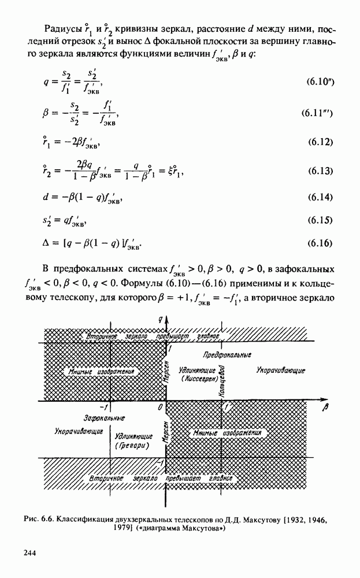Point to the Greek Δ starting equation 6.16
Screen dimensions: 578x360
[x=47, y=243]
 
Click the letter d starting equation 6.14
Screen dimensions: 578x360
[x=46, y=198]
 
